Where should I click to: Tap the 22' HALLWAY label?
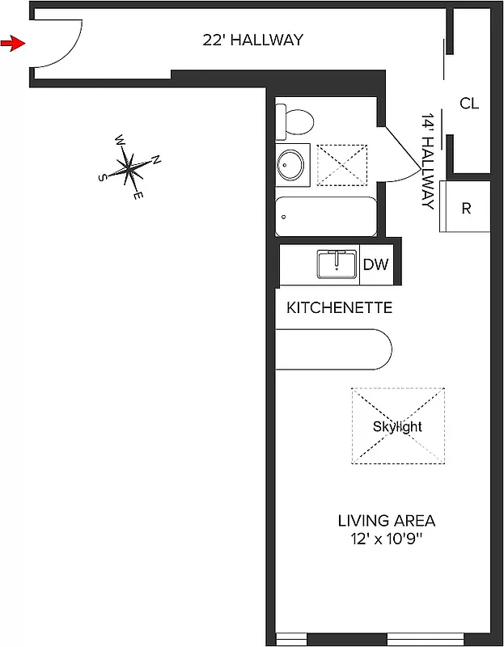tap(252, 40)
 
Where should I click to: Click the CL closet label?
tap(469, 104)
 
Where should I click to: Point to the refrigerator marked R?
tap(465, 207)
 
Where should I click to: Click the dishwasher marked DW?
tap(375, 264)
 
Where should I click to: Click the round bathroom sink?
tap(291, 165)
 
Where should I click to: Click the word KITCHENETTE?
tap(339, 308)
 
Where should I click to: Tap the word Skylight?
tap(397, 426)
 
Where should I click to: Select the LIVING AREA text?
tap(386, 520)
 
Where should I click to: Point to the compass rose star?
tap(129, 167)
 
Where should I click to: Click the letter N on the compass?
tap(156, 160)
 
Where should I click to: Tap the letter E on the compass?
tap(138, 195)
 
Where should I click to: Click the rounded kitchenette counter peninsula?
tap(333, 349)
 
